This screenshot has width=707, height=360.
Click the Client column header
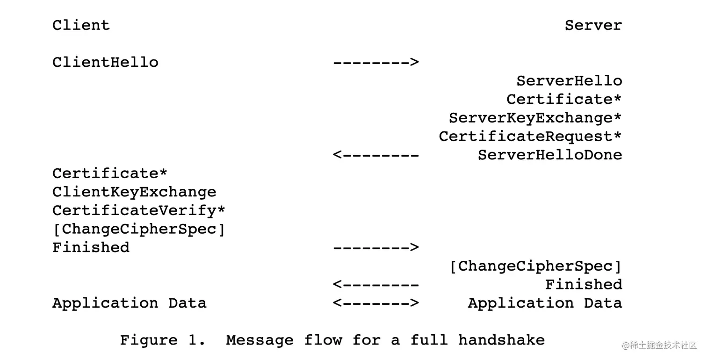click(x=81, y=25)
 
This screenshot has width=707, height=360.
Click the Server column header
click(x=593, y=25)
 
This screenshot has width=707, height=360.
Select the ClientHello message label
click(x=105, y=62)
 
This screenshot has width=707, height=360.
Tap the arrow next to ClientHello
click(x=375, y=62)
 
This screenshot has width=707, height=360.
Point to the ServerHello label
click(x=569, y=81)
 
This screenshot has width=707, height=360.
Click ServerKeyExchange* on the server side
click(x=535, y=118)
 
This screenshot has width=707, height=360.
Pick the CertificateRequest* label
click(x=530, y=137)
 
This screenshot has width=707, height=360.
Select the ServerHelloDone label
click(x=550, y=155)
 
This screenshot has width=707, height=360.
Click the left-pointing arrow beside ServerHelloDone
click(x=375, y=155)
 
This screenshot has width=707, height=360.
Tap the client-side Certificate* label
click(x=109, y=173)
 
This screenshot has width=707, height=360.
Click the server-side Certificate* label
click(x=564, y=99)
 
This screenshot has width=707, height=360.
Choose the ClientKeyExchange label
click(x=134, y=192)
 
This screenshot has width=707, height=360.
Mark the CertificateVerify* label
click(x=138, y=210)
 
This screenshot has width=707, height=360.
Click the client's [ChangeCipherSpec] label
click(x=138, y=229)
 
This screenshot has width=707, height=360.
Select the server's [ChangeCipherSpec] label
click(x=535, y=266)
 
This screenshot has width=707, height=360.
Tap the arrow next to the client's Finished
click(x=375, y=247)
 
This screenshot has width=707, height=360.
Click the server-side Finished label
click(x=584, y=284)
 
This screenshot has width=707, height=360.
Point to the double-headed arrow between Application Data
click(x=375, y=303)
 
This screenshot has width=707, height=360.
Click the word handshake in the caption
click(x=501, y=340)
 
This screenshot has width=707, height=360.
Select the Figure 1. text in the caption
click(x=162, y=340)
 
